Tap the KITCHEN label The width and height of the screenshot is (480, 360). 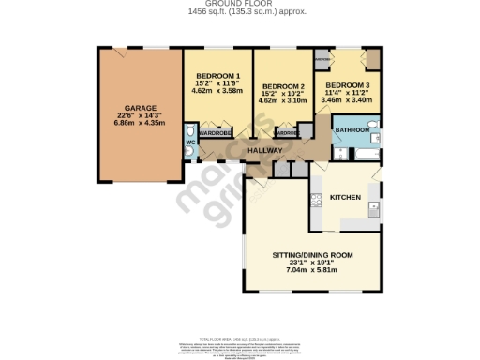point(346,197)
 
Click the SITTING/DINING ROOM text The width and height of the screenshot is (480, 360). point(312,256)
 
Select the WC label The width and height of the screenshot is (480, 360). point(188,142)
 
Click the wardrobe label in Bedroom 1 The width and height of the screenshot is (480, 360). point(216,132)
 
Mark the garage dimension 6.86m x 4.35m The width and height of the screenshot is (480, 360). point(138,122)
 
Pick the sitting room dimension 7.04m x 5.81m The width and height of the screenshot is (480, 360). point(312,270)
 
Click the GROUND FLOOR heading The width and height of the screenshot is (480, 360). point(239,4)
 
